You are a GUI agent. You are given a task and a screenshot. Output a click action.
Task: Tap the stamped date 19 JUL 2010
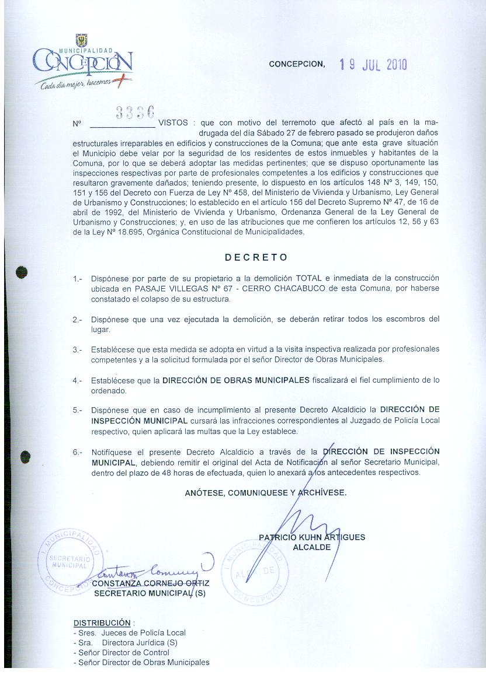[x=373, y=64]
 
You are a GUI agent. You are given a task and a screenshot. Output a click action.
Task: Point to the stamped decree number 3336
[x=135, y=111]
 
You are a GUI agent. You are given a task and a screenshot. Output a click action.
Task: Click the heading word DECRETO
[x=256, y=257]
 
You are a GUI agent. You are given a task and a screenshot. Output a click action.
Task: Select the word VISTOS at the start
[x=173, y=123]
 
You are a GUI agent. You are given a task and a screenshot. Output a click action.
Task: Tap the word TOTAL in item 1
[x=309, y=278]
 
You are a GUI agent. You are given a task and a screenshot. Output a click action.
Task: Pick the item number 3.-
[x=78, y=349]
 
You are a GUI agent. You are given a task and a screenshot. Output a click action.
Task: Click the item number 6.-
[x=78, y=452]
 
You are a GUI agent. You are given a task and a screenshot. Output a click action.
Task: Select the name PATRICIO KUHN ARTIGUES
[x=311, y=537]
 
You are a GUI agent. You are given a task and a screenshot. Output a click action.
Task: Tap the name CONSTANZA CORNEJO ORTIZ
[x=150, y=583]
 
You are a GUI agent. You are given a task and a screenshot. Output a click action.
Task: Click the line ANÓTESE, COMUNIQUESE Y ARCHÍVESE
[x=265, y=492]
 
